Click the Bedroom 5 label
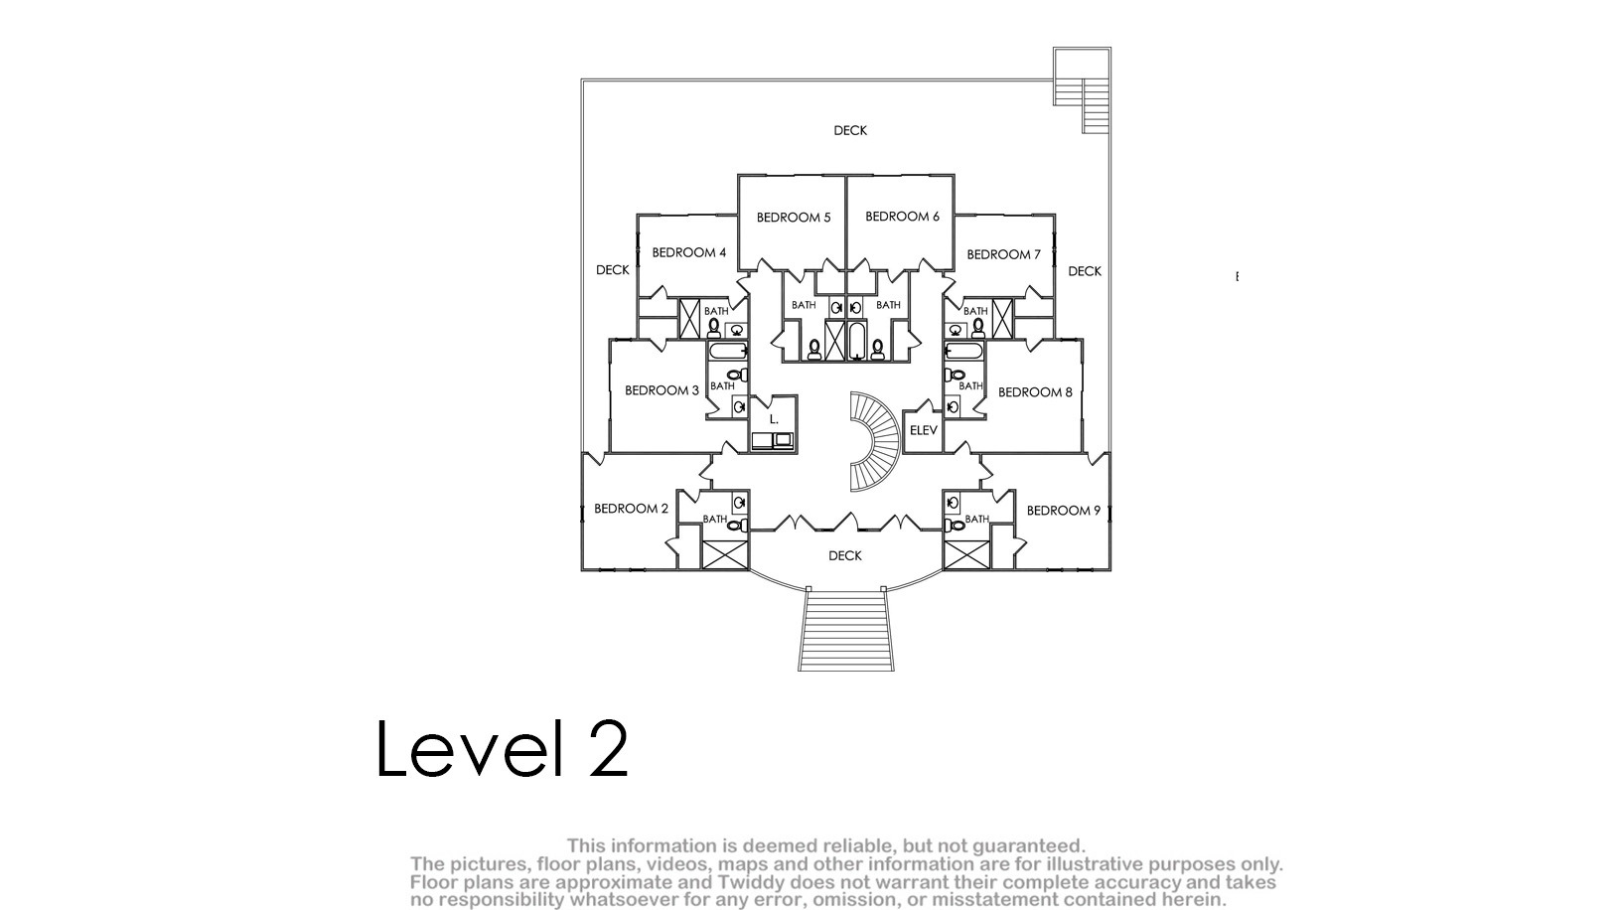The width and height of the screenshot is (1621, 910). (794, 218)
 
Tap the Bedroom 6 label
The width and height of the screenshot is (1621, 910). (902, 217)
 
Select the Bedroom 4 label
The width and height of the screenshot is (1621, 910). (689, 252)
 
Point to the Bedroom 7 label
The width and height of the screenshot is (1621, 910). (1004, 255)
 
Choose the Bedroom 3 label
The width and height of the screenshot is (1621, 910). (662, 391)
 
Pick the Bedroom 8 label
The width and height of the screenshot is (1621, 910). (1035, 392)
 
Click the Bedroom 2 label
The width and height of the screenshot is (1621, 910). (631, 509)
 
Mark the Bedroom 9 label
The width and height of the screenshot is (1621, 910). (1063, 511)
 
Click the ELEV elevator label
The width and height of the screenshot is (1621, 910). (924, 431)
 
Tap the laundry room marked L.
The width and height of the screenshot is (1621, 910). (774, 423)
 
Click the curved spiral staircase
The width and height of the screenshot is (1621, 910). (874, 442)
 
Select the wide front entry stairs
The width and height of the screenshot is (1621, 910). (846, 630)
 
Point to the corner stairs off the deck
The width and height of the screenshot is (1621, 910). (1083, 91)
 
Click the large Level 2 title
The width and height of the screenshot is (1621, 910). (503, 748)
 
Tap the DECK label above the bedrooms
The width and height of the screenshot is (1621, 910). (850, 131)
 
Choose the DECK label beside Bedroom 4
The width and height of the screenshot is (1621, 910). (612, 270)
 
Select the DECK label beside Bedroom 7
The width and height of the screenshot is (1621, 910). (1085, 271)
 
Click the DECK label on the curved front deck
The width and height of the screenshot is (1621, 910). (845, 556)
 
